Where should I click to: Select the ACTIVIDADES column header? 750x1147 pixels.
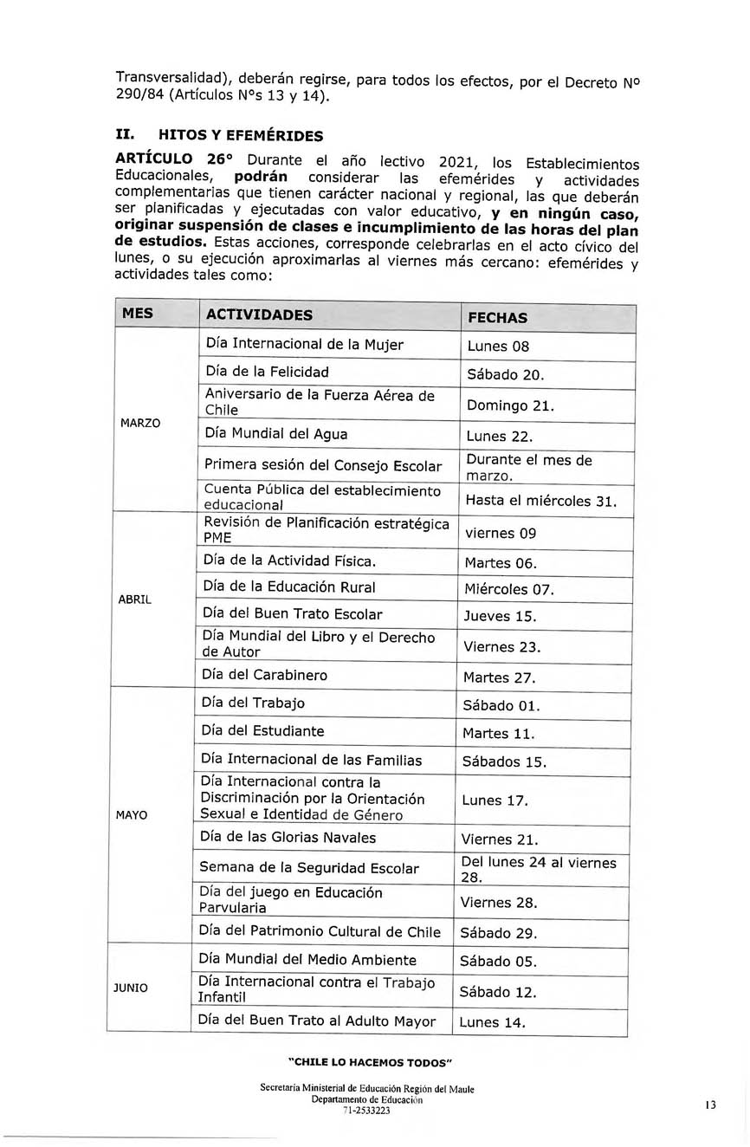coord(260,314)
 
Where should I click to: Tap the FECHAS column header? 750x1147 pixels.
coord(497,317)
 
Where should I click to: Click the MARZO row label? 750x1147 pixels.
coord(139,423)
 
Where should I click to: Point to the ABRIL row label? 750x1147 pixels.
coord(134,599)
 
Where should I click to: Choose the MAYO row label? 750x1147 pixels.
coord(131,815)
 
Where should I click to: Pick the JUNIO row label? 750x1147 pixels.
coord(130,988)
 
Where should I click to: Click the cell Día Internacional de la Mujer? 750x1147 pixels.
coord(305,345)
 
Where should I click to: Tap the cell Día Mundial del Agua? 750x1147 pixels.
coord(276,434)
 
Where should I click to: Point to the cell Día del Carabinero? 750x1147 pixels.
coord(264,675)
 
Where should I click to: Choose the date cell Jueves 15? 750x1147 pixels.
coord(500,617)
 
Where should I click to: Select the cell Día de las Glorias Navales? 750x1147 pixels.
coord(288,838)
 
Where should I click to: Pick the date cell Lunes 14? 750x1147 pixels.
coord(492,1022)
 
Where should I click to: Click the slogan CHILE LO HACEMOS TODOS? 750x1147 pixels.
coord(370,1063)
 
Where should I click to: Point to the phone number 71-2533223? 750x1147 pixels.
coord(366,1111)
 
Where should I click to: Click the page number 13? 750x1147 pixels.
coord(710,1105)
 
